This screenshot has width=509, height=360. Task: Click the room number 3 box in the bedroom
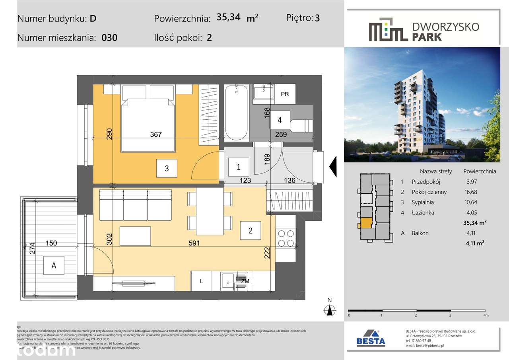tap(167, 168)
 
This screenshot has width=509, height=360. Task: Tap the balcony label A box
tap(54, 266)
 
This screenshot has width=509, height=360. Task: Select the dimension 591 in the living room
tap(194, 243)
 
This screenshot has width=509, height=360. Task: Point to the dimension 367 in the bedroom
tap(156, 134)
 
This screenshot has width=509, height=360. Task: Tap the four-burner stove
tap(286, 238)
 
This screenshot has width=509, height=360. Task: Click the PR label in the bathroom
tap(285, 94)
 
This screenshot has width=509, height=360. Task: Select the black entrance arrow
tap(333, 166)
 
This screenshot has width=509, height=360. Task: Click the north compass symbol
tap(329, 309)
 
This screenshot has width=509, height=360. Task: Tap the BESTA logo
tap(371, 338)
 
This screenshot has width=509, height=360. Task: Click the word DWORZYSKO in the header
tap(446, 27)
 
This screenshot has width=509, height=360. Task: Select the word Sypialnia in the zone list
tap(423, 202)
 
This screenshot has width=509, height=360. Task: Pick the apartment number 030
tap(109, 38)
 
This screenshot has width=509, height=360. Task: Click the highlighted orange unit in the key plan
tap(366, 224)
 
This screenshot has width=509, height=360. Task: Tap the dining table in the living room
tap(210, 211)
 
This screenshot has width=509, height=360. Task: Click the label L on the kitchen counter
tap(202, 282)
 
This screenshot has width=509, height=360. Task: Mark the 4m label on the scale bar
tap(485, 315)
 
